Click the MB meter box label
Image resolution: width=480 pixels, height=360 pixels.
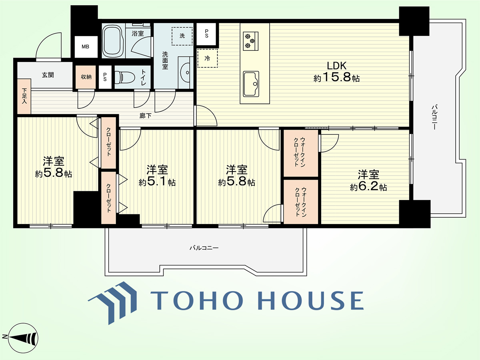pos(85,46)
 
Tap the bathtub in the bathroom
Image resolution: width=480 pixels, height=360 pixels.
pos(113,40)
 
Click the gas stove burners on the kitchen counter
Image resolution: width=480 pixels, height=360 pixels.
pos(250,41)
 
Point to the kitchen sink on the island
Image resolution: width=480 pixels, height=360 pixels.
pos(251,84)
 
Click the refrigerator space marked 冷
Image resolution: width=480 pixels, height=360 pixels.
pos(207,58)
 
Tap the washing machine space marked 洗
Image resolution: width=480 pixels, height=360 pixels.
pos(182,36)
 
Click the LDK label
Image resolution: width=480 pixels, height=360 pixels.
pos(336,66)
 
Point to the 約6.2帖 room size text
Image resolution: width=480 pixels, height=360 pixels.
pos(368,187)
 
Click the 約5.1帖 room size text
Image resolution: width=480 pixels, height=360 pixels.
pos(157,182)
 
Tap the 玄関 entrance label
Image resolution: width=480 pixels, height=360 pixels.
pos(48,75)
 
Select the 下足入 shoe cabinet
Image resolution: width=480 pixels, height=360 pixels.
pos(24,96)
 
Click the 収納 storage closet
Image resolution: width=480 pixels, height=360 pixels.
pos(86,77)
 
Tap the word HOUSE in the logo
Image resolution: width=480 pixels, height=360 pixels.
pos(311,300)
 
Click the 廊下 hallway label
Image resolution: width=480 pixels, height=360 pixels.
pos(145,116)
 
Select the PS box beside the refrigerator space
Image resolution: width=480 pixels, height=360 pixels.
pos(206,34)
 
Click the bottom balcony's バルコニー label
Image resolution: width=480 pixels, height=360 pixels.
pos(204,248)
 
